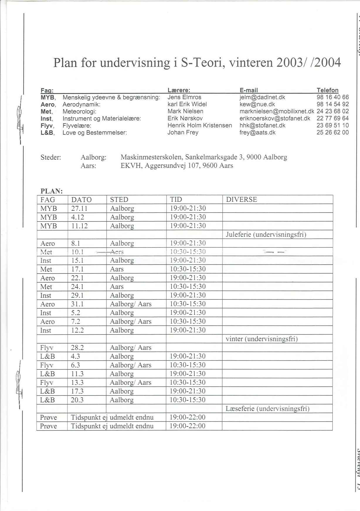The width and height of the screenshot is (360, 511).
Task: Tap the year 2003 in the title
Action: [289, 62]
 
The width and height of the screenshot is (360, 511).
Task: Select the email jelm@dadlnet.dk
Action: [262, 97]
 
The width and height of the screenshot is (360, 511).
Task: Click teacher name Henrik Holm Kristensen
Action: [200, 126]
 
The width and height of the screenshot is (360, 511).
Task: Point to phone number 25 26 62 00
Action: [332, 133]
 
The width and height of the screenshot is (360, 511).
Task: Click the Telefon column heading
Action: [327, 90]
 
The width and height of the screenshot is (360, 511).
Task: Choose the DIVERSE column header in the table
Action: [241, 200]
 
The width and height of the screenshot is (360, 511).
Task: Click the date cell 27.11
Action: [79, 209]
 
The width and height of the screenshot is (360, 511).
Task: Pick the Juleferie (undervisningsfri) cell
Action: [266, 235]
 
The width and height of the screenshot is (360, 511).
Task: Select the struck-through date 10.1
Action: [78, 252]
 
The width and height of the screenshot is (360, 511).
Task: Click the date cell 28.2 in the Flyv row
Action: [77, 348]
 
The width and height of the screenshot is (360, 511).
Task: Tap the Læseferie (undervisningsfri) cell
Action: [267, 409]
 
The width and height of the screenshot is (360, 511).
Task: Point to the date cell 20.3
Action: [77, 400]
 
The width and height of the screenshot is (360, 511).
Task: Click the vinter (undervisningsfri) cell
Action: [261, 339]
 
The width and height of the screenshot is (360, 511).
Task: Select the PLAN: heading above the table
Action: [52, 191]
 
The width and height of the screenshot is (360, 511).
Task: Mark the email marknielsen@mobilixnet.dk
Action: [277, 111]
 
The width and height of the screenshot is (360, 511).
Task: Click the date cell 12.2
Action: [77, 331]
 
